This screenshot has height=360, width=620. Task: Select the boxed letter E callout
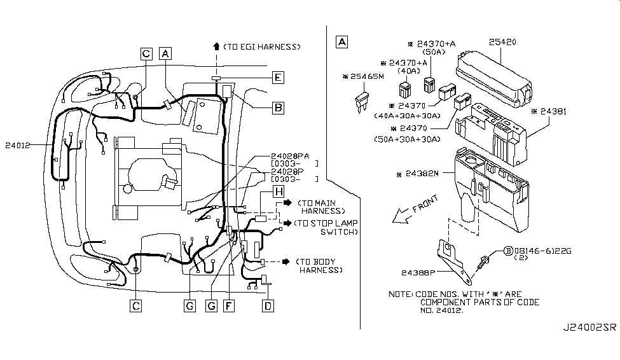coord(278,78)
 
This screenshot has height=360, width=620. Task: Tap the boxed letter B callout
coord(278,108)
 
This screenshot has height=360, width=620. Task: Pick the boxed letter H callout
coord(278,191)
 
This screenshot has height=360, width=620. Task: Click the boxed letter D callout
coord(268,306)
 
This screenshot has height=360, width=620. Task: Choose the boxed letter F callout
coord(229,306)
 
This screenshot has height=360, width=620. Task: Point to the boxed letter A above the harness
coord(165,54)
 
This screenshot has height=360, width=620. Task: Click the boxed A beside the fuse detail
coord(341,43)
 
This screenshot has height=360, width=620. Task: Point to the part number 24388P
coord(418,273)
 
